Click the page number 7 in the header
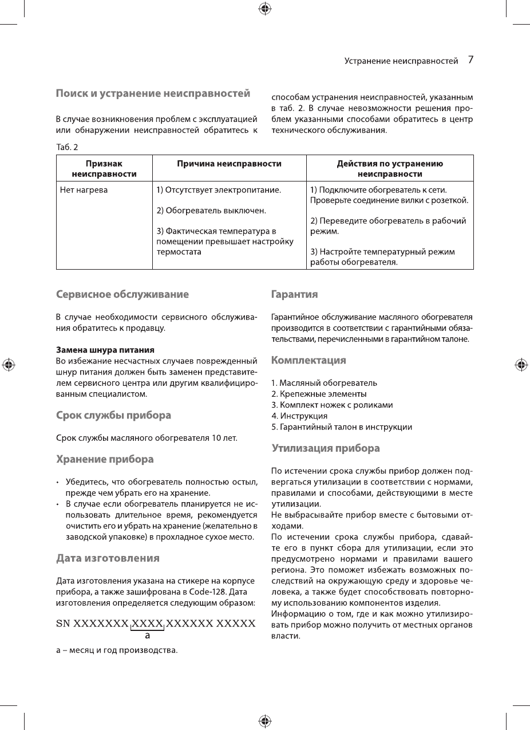pyautogui.click(x=470, y=60)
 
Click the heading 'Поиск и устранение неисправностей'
pyautogui.click(x=153, y=93)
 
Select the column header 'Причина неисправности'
pyautogui.click(x=229, y=164)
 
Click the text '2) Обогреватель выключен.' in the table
pyautogui.click(x=211, y=210)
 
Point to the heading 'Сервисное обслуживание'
pyautogui.click(x=122, y=294)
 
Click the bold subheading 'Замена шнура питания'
pyautogui.click(x=105, y=349)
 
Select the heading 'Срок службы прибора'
pyautogui.click(x=113, y=415)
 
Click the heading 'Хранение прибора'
pyautogui.click(x=105, y=459)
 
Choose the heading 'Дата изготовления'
pyautogui.click(x=108, y=557)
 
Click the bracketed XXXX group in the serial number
pyautogui.click(x=148, y=624)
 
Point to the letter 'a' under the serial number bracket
pyautogui.click(x=148, y=635)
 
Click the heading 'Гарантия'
pyautogui.click(x=294, y=294)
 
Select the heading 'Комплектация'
pyautogui.click(x=308, y=360)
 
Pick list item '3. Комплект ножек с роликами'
pyautogui.click(x=332, y=405)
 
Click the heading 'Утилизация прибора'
pyautogui.click(x=326, y=448)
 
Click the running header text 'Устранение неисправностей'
pyautogui.click(x=401, y=61)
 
